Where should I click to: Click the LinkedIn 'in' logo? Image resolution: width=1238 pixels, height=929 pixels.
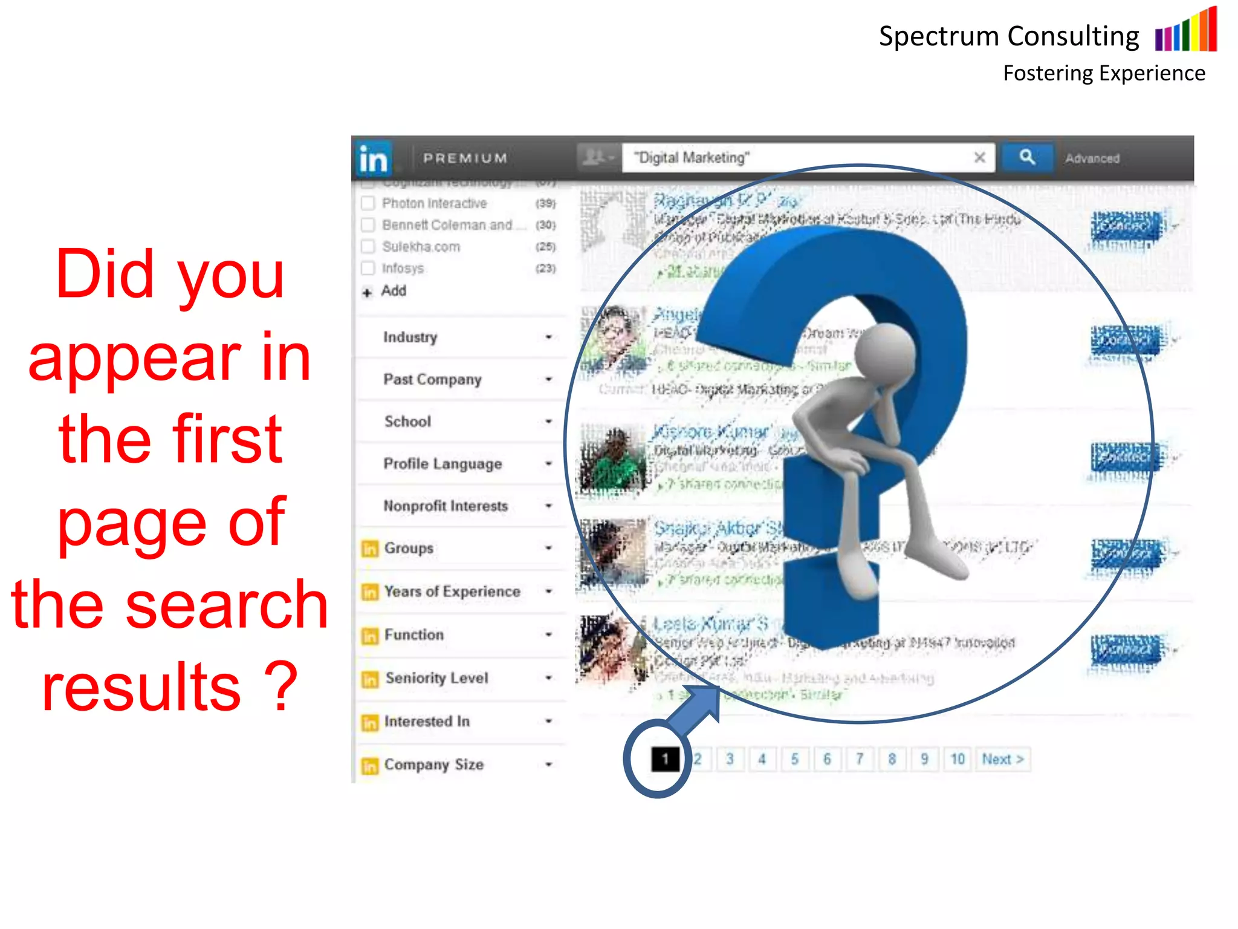click(373, 158)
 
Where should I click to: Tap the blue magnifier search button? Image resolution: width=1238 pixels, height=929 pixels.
click(1027, 158)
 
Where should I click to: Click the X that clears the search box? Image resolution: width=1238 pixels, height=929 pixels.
click(979, 158)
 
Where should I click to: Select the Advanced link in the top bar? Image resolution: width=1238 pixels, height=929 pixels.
click(1092, 158)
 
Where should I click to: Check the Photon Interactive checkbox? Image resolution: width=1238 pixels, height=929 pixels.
click(368, 203)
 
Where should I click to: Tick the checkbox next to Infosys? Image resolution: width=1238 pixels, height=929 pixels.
click(368, 268)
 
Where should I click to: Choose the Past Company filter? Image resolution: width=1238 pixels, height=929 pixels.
click(432, 379)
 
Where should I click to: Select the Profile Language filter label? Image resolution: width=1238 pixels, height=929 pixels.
click(442, 464)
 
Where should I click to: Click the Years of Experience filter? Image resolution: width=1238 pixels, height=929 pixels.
click(452, 592)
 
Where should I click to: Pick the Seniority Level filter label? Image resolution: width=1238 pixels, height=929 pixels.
click(436, 678)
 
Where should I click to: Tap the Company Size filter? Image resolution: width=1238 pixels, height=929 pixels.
click(433, 764)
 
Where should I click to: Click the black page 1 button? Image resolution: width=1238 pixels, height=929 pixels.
click(665, 759)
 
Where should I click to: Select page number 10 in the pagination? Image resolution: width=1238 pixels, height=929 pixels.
click(957, 759)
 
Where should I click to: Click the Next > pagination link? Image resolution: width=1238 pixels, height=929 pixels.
click(1002, 759)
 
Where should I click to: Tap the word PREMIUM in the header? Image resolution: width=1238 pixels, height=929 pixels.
click(465, 158)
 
